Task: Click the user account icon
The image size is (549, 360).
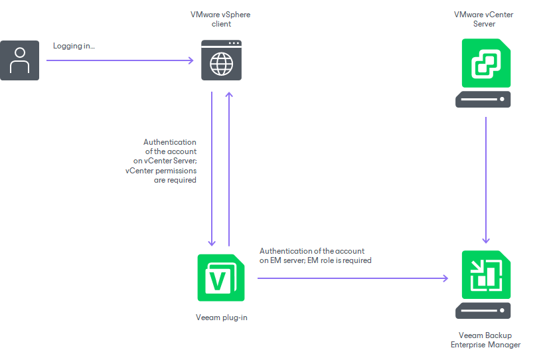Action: [x=19, y=60]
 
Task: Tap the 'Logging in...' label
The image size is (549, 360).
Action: [x=74, y=46]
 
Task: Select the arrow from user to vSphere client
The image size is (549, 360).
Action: [x=119, y=61]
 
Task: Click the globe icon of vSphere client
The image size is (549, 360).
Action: [x=221, y=64]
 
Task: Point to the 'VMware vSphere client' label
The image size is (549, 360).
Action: [x=221, y=19]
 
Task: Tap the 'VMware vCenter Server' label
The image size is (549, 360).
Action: [x=483, y=19]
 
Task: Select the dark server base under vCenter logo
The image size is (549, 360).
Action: [x=483, y=100]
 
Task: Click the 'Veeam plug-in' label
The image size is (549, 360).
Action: [x=221, y=317]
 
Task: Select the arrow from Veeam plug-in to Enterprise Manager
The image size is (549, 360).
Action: [x=352, y=278]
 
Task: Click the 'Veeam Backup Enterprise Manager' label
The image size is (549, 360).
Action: [x=485, y=340]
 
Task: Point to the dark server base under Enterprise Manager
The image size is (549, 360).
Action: [x=483, y=311]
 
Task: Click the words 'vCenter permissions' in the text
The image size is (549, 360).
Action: [x=161, y=171]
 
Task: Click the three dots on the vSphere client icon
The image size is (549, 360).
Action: [x=233, y=44]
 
